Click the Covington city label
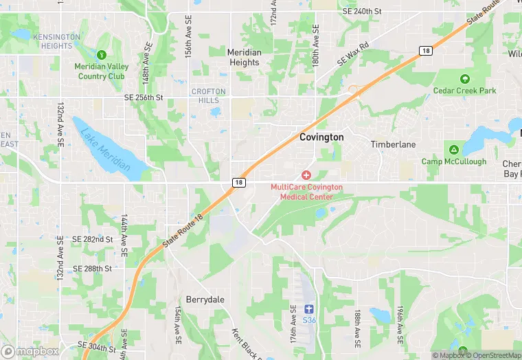[321, 137]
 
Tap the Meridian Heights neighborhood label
[244, 57]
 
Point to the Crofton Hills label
[209, 96]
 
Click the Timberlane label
[394, 145]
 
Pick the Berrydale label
[205, 300]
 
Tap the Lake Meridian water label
[104, 150]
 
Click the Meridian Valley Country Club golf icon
[102, 54]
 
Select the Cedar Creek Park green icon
[465, 79]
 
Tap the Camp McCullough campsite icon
[453, 150]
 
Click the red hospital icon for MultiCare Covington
[306, 176]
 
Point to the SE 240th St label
[372, 12]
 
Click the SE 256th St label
[144, 98]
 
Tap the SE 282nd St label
[92, 239]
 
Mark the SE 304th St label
[97, 347]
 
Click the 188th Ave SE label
[358, 327]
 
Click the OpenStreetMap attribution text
[492, 355]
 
